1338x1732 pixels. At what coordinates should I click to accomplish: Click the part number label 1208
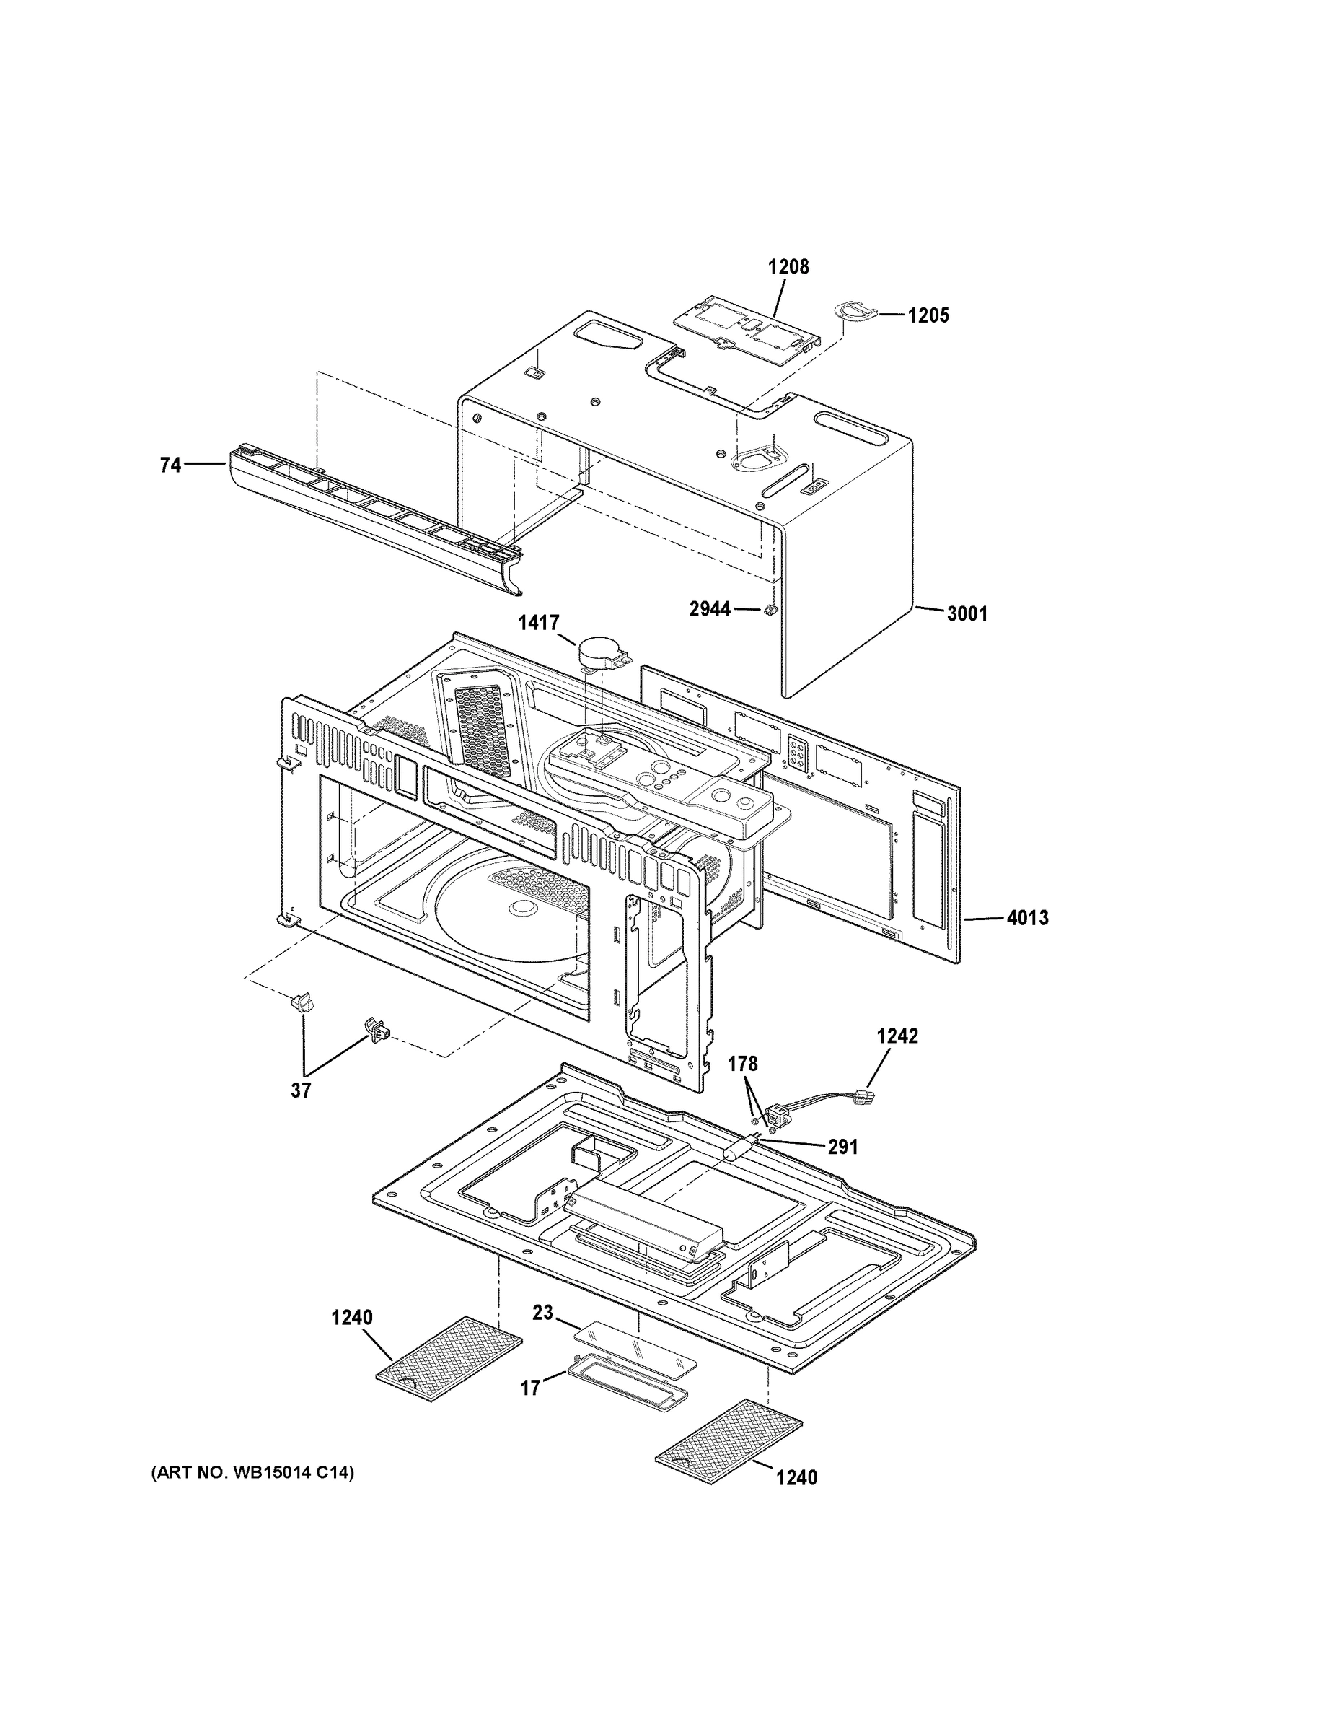coord(788,266)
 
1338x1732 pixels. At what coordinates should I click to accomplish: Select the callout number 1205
coord(928,315)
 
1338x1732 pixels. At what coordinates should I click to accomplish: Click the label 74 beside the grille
coord(170,465)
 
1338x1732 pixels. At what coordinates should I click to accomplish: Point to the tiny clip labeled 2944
coord(768,610)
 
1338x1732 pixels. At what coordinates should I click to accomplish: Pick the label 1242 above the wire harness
coord(897,1036)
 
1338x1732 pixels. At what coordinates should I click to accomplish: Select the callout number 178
coord(743,1064)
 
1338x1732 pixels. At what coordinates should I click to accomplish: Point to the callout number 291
coord(842,1147)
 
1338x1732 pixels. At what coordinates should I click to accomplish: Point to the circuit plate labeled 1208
coord(746,329)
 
